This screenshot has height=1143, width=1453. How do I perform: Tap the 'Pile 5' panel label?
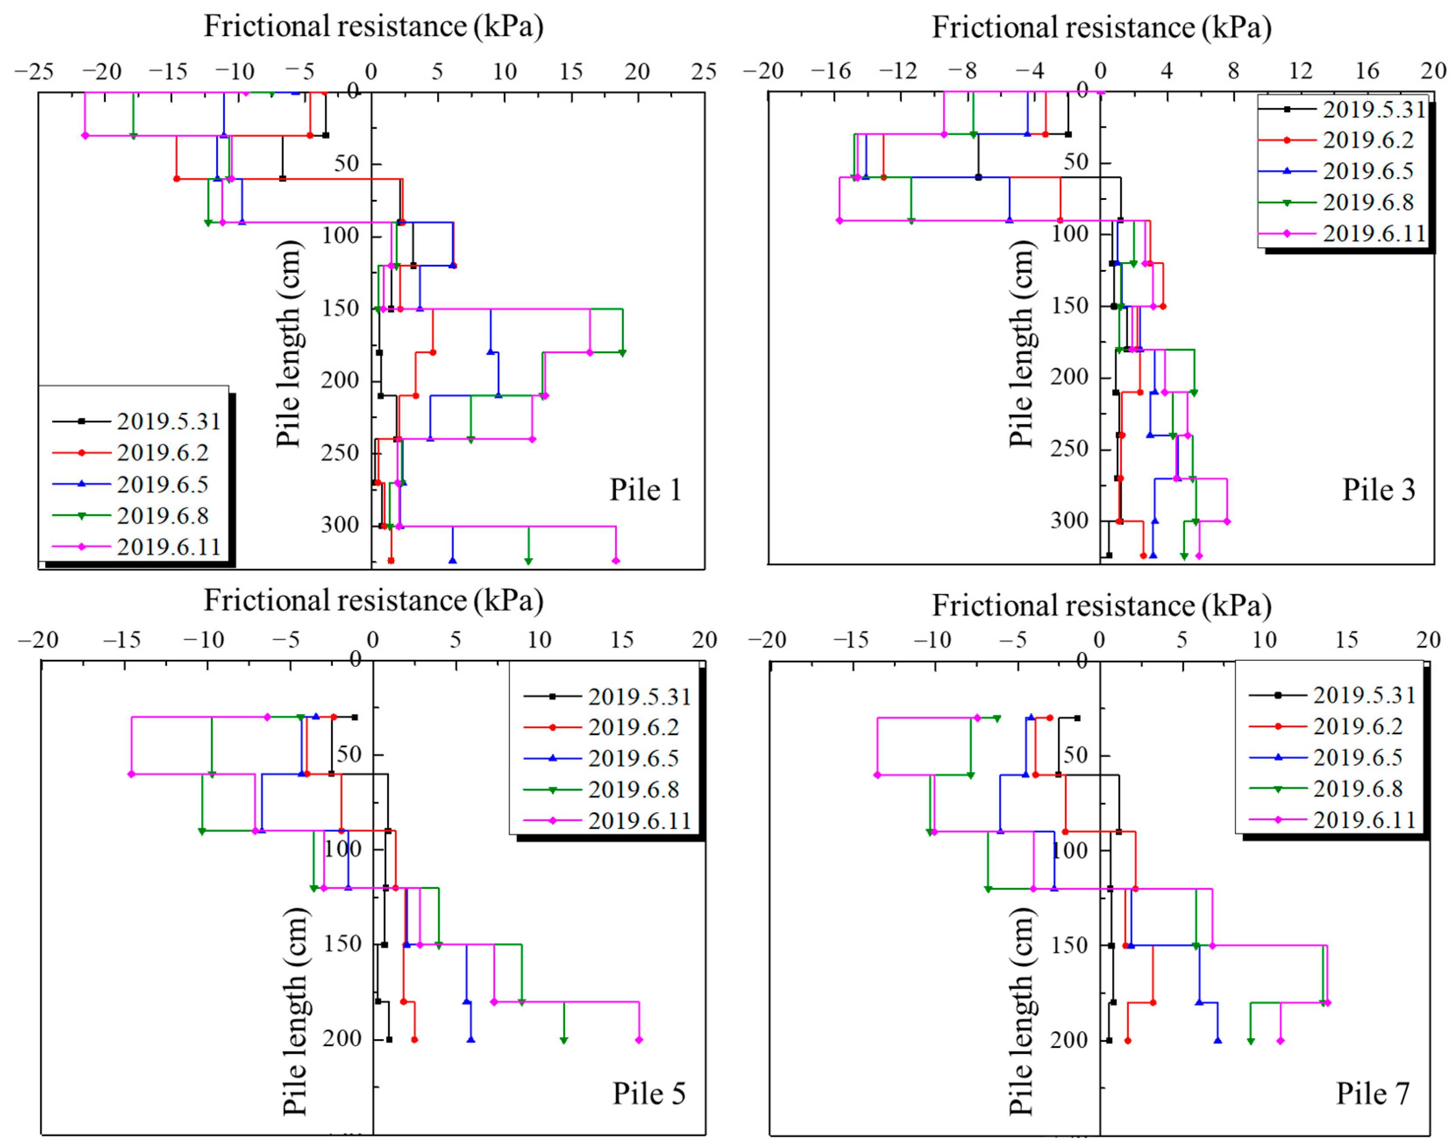[648, 1093]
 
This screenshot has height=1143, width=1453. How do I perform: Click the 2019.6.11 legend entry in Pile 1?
[169, 547]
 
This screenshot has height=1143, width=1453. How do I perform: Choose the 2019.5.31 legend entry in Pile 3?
[1373, 109]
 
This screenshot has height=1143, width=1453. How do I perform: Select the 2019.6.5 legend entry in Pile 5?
[633, 758]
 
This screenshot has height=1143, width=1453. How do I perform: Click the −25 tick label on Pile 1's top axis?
[33, 71]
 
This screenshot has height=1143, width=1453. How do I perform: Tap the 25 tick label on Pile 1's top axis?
[703, 71]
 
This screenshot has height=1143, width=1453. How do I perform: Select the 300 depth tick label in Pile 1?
[340, 525]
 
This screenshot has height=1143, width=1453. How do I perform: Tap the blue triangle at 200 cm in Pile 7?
[1218, 1040]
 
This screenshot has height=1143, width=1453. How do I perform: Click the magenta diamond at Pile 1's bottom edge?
[615, 561]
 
